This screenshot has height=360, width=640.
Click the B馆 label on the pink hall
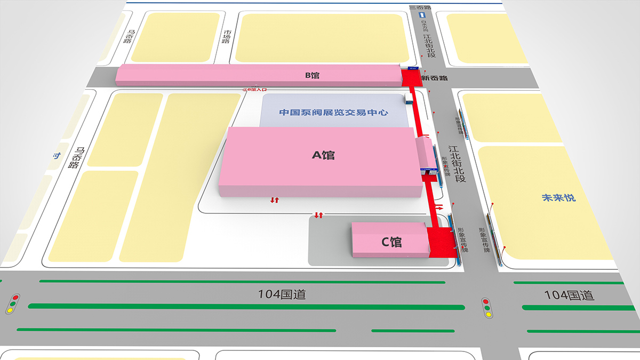(312, 75)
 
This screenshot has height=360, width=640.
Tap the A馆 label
(323, 155)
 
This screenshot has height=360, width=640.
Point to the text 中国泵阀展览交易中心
(334, 113)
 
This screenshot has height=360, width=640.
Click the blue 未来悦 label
(558, 198)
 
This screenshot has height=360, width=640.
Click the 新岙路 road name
(434, 78)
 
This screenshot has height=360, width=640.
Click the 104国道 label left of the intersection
(282, 294)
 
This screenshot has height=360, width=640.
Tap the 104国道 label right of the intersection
(569, 295)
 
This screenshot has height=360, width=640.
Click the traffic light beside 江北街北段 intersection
(486, 308)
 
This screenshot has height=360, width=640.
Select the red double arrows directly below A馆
(275, 200)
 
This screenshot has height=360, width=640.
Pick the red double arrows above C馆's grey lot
(318, 215)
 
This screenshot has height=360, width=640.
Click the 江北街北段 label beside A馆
(457, 164)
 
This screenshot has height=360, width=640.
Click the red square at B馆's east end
(411, 78)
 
